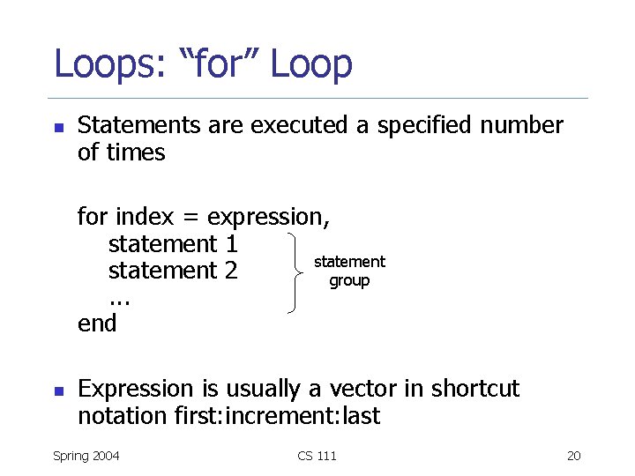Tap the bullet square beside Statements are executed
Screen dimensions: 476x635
click(x=58, y=127)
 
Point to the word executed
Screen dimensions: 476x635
click(x=300, y=126)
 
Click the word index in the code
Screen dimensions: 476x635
click(x=145, y=216)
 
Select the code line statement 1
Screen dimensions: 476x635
click(x=173, y=242)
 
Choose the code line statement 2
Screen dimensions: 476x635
click(x=173, y=270)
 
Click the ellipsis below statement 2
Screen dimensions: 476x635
click(x=120, y=300)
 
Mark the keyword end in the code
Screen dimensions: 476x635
click(x=97, y=324)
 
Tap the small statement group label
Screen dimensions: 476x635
click(x=349, y=271)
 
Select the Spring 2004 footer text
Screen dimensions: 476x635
click(x=86, y=456)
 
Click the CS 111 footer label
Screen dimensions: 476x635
click(x=317, y=456)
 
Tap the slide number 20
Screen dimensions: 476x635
click(x=573, y=456)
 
